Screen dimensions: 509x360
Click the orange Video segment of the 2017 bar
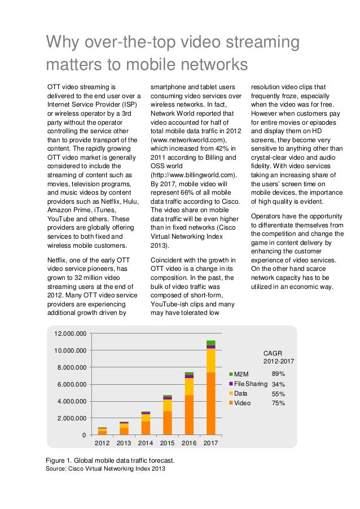(210, 403)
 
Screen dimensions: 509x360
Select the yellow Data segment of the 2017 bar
(210, 360)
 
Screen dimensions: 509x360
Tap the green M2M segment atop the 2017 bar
(210, 343)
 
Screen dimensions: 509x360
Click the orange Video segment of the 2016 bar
(189, 415)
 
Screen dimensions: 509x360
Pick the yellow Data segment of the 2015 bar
(168, 405)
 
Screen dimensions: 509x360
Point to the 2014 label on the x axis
(146, 443)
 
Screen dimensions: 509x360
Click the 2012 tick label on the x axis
(102, 443)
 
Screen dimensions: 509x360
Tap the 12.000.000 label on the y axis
(70, 334)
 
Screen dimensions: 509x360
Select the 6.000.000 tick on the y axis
(72, 384)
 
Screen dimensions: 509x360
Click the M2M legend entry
(241, 374)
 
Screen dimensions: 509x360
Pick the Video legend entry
(242, 403)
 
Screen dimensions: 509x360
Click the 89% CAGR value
(278, 374)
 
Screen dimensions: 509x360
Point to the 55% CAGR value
(278, 393)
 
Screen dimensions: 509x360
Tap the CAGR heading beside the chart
(274, 352)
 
